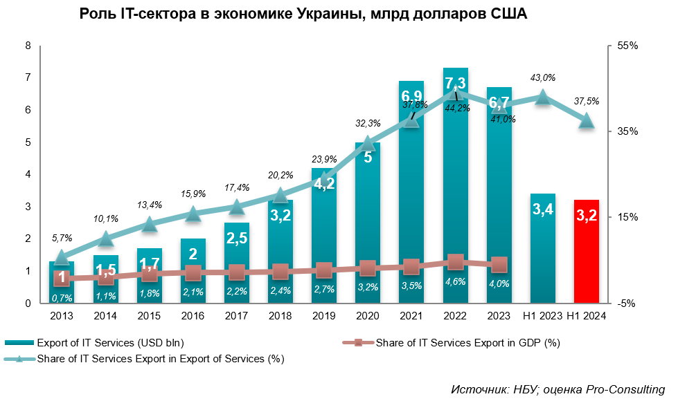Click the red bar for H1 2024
click(x=587, y=252)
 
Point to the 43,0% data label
click(x=543, y=77)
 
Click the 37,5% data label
click(x=587, y=101)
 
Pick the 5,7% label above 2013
click(x=61, y=238)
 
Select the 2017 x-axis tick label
click(x=236, y=317)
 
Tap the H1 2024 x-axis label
click(x=587, y=317)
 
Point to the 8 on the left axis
click(x=28, y=46)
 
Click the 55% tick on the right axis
click(x=627, y=46)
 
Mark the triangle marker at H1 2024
click(x=587, y=120)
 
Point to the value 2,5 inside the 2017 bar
click(x=236, y=239)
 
